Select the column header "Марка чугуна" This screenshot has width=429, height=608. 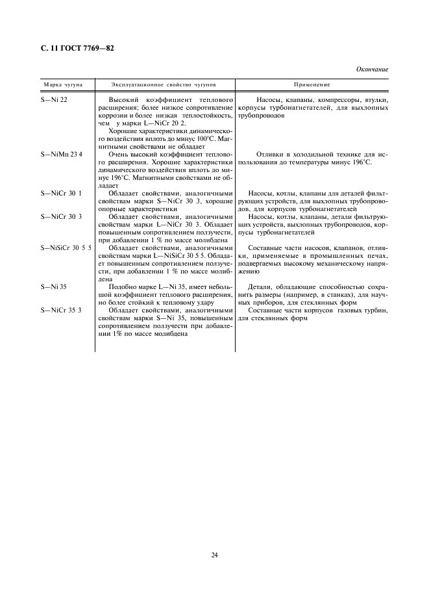click(x=62, y=85)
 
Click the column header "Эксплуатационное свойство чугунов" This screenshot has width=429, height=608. click(x=164, y=85)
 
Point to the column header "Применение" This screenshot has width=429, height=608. click(x=312, y=85)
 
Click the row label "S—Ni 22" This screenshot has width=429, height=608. click(x=54, y=99)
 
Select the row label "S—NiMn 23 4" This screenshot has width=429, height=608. click(x=62, y=154)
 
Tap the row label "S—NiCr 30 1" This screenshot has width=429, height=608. click(x=61, y=194)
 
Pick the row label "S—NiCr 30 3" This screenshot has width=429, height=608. click(x=61, y=216)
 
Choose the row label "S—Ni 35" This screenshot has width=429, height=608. click(x=54, y=286)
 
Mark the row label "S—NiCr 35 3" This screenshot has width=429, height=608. click(x=61, y=310)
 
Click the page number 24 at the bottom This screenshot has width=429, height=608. click(x=214, y=554)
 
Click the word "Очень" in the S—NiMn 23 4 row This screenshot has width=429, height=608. click(x=121, y=154)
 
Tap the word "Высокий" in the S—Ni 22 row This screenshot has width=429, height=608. click(x=125, y=99)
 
